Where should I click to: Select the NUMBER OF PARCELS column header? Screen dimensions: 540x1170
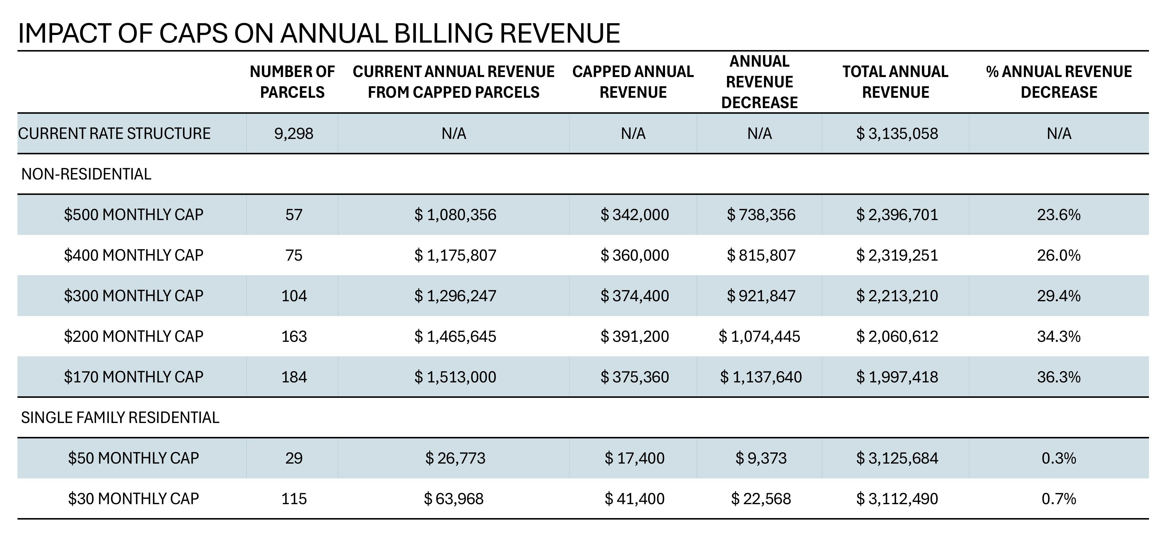tap(292, 82)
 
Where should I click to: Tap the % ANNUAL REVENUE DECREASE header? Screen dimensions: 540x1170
tap(1059, 82)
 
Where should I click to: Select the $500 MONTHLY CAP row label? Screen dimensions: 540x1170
tap(133, 214)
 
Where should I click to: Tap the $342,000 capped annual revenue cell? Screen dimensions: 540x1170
tap(635, 214)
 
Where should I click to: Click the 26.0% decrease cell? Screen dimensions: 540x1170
tap(1058, 255)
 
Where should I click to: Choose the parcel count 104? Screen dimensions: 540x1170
tap(294, 296)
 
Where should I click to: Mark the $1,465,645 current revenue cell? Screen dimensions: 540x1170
tap(455, 337)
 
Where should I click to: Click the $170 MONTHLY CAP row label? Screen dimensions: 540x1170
tap(133, 377)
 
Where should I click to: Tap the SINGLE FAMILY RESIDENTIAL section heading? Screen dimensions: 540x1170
tap(120, 417)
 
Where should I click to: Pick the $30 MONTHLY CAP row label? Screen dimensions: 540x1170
tap(133, 499)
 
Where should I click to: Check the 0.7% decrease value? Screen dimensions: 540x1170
tap(1058, 499)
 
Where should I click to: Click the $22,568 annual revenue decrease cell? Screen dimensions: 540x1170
tap(760, 499)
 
